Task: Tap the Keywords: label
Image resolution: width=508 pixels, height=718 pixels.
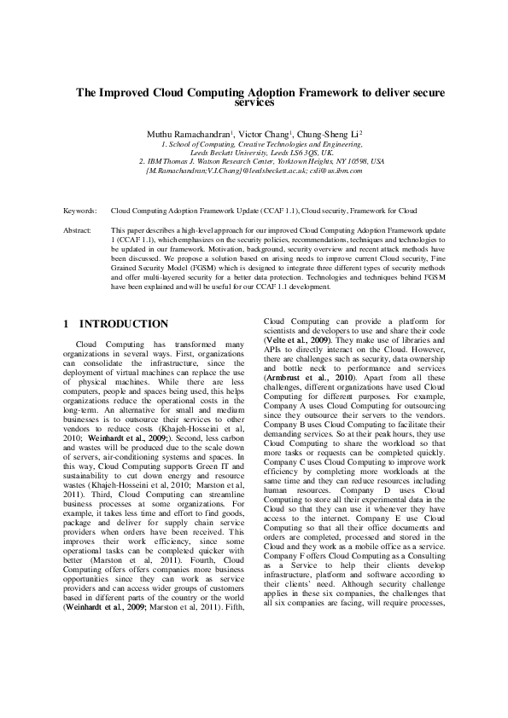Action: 80,209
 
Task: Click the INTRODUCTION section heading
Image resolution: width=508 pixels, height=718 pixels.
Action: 124,324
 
